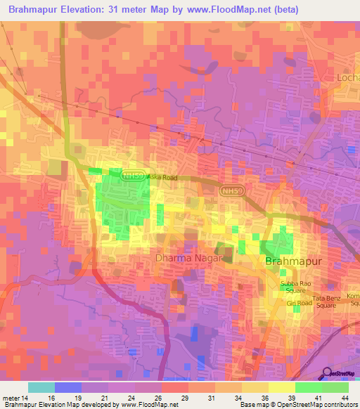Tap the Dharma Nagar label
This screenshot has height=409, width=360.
coord(188,259)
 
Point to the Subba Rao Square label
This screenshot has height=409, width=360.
coord(295,287)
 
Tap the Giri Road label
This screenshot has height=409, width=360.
coord(298,303)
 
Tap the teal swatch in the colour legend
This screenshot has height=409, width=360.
coord(41,387)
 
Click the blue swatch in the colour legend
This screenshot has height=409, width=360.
coord(68,387)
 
